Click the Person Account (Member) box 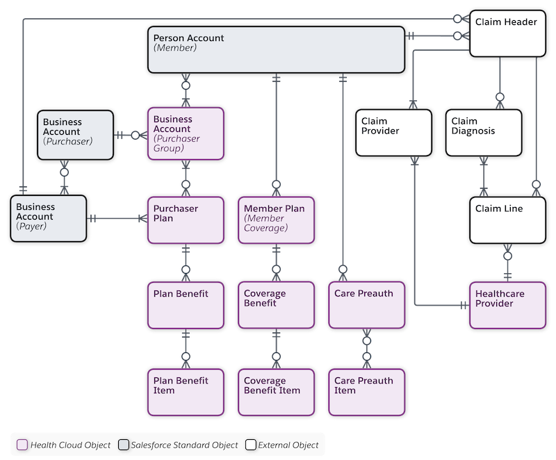pos(276,49)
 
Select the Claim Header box pos(506,33)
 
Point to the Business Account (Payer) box pos(49,218)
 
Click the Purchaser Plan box pos(186,220)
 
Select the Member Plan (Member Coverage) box pos(276,220)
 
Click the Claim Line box pos(506,220)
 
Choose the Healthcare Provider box pos(506,304)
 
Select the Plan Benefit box pos(186,304)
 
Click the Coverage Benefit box pos(276,304)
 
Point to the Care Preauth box pos(366,304)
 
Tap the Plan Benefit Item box pos(186,391)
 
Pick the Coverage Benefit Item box pos(276,391)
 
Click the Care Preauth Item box pos(366,391)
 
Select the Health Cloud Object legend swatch pos(22,445)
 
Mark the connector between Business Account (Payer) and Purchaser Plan pos(117,218)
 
